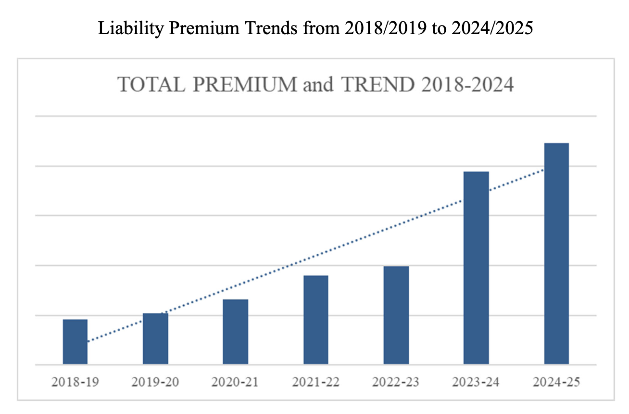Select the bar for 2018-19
[x=75, y=341]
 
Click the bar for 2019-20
[x=155, y=338]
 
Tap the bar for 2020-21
[x=236, y=332]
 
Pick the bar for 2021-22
[x=315, y=320]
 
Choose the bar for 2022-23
[x=396, y=315]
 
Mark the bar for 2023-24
[x=476, y=268]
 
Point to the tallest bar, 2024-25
[x=556, y=253]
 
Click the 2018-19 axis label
[x=75, y=383]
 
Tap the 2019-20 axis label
[x=155, y=383]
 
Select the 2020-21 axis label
[x=236, y=383]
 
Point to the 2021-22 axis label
[x=315, y=383]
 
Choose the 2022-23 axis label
[x=396, y=383]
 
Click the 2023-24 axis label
[x=476, y=383]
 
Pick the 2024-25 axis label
[x=556, y=383]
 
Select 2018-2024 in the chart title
[x=466, y=85]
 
